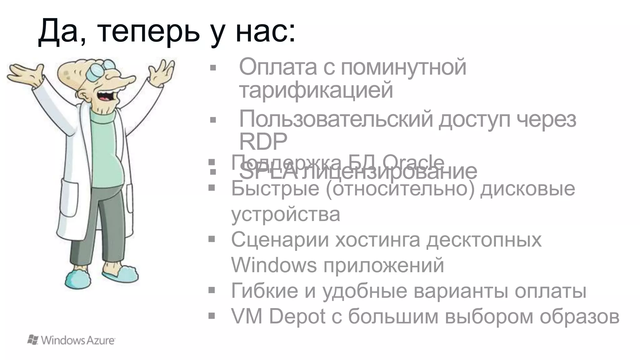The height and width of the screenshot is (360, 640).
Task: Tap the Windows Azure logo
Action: pos(71,340)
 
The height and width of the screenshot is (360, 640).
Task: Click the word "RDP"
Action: pos(263,142)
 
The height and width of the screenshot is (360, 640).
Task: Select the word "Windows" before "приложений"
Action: pos(274,265)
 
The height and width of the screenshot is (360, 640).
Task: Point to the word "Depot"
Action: pos(297,316)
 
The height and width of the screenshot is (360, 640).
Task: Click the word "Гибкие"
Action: pos(264,291)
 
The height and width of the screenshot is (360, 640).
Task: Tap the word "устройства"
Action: pos(286,214)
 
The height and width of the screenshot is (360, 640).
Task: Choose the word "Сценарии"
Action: pos(280,240)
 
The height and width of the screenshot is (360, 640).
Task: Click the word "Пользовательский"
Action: pos(336,119)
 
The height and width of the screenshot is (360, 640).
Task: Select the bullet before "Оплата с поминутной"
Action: pos(213,68)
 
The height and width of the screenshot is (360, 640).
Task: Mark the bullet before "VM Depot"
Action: pos(212,316)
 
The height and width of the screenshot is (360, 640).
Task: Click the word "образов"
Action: pos(579,316)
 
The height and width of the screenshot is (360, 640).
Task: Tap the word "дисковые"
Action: pos(527,188)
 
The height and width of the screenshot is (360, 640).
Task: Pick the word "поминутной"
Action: pos(403,67)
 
